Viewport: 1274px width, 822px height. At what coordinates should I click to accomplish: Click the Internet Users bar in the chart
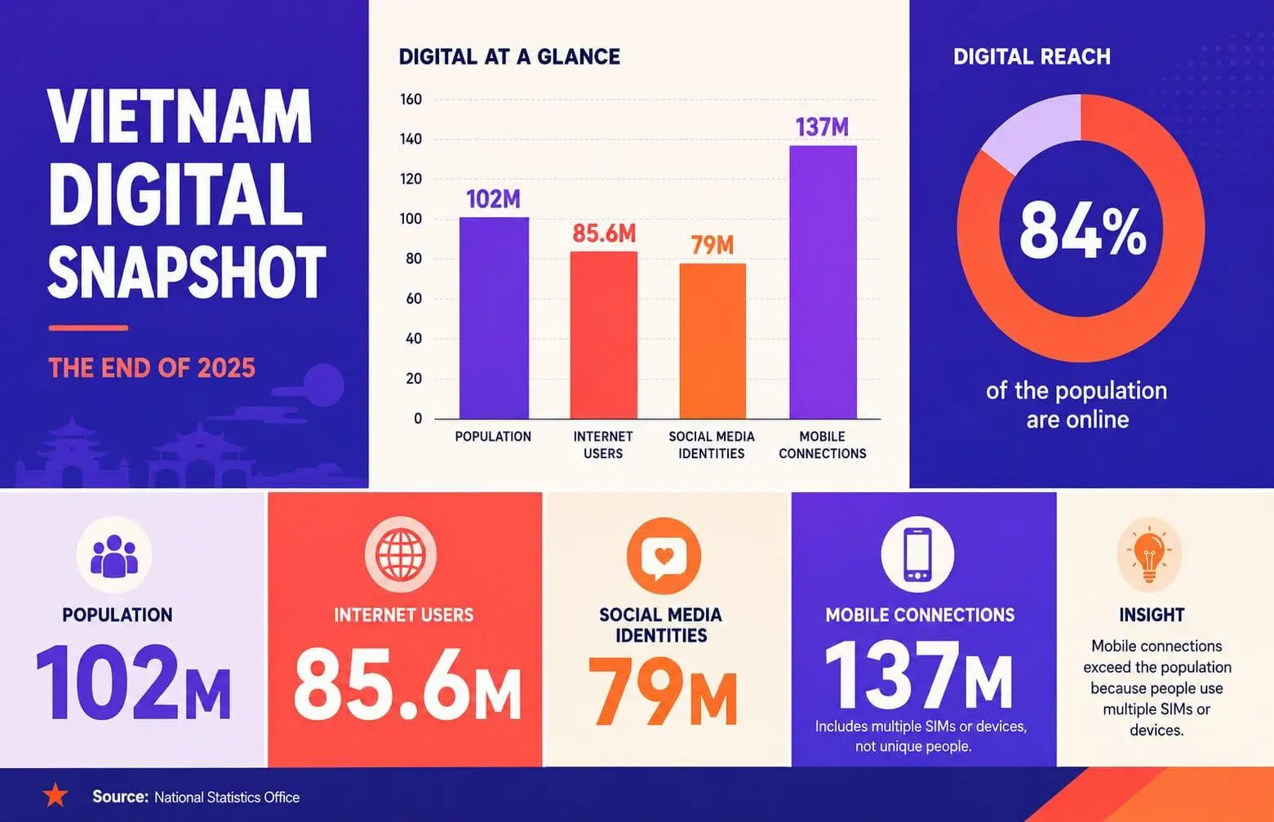coord(603,335)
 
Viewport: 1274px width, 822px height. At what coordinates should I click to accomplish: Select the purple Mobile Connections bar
coord(823,282)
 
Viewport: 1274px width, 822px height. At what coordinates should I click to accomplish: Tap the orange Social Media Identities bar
coord(712,341)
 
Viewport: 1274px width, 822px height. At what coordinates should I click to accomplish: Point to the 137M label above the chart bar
coord(822,127)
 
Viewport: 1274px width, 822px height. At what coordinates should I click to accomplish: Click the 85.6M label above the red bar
coord(604,233)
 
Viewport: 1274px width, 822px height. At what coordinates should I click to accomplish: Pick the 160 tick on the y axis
coord(411,100)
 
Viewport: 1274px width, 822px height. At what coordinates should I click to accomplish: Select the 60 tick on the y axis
coord(414,299)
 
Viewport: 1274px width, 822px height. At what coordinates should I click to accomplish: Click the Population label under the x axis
coord(493,437)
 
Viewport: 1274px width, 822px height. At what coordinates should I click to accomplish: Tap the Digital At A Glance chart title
coord(509,57)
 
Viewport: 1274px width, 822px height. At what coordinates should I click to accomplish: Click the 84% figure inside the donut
coord(1082,232)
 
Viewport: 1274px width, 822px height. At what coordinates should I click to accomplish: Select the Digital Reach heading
coord(1032,56)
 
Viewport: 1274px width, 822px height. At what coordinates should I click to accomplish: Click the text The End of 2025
coord(152,367)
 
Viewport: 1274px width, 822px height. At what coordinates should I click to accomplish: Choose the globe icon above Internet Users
coord(401,553)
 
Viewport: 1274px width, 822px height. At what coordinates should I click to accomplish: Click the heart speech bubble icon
coord(664,555)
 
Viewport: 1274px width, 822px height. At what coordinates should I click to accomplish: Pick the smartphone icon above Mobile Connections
coord(917,554)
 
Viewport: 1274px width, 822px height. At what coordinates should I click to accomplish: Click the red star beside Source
coord(55,795)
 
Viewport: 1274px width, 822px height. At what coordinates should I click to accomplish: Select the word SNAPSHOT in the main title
coord(187,273)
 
